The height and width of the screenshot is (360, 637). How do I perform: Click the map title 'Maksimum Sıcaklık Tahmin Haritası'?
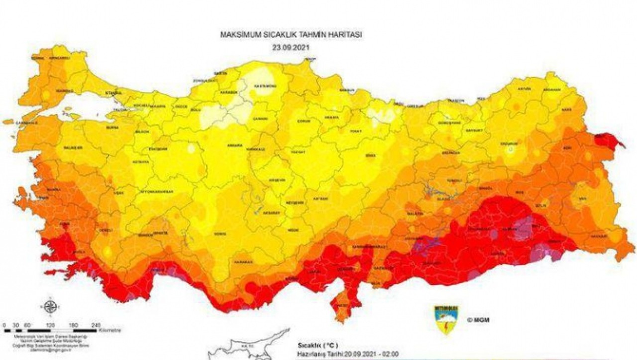(291, 35)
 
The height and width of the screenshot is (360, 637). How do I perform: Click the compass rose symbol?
(50, 307)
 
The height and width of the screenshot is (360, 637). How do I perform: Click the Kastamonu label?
(266, 86)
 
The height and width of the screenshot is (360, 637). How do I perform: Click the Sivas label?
(370, 156)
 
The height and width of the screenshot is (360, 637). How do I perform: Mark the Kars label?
(566, 109)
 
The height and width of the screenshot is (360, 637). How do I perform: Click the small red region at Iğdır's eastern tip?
(612, 141)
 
